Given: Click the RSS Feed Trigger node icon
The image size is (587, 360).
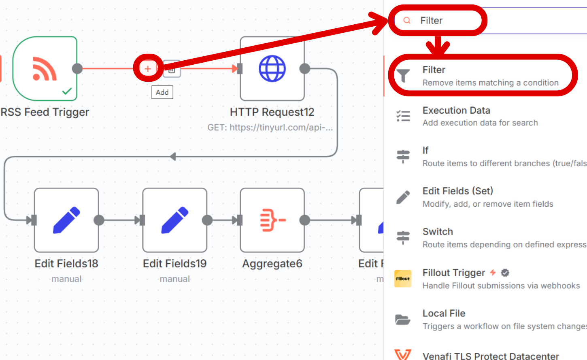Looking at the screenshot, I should [x=45, y=69].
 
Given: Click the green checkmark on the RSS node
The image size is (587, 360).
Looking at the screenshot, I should [x=67, y=91].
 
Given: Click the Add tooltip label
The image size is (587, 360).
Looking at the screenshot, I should [x=162, y=92].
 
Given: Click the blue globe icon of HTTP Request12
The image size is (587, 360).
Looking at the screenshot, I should [x=272, y=69].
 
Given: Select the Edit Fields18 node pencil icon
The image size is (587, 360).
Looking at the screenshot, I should [x=66, y=220].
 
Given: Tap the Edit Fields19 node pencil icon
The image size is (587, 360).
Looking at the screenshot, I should [x=175, y=220].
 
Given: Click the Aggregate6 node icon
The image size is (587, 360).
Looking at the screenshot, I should [x=272, y=220].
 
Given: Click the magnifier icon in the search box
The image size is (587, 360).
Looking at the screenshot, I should [x=407, y=21].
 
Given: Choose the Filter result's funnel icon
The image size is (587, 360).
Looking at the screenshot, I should [x=403, y=76].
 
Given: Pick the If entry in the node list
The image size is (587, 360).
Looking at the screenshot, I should [x=425, y=150].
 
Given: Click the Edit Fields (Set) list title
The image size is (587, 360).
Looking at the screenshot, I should [x=457, y=191].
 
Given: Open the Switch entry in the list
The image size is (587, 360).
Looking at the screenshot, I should [x=438, y=232].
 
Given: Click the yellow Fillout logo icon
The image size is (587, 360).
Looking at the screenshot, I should [x=403, y=279].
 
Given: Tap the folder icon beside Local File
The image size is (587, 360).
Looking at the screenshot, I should [x=403, y=320].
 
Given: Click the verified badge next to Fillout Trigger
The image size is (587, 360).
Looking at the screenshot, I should [x=505, y=273].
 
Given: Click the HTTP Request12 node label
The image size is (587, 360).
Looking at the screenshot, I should [x=272, y=112].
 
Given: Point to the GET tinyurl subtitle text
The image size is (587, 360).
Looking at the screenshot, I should [x=270, y=127].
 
